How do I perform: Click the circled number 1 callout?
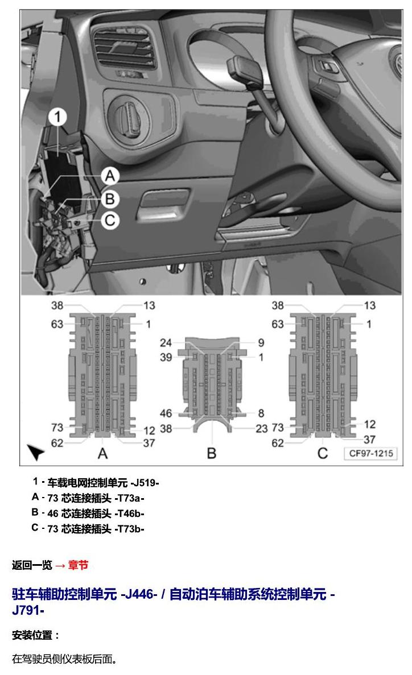tap(57, 117)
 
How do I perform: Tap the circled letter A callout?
tap(110, 176)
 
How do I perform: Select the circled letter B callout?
tap(110, 199)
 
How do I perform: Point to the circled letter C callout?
tap(110, 221)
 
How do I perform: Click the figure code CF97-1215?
tap(370, 453)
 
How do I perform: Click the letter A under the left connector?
tap(102, 453)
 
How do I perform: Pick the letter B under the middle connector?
tap(212, 453)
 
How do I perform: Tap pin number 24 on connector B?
tap(166, 343)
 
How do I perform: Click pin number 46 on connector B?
tap(166, 413)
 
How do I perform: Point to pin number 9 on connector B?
tap(261, 343)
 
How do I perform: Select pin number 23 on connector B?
tap(262, 428)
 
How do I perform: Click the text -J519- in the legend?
tap(145, 483)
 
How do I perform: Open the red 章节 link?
tap(78, 565)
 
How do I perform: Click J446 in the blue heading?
tap(139, 594)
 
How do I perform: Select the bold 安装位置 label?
tap(32, 635)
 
